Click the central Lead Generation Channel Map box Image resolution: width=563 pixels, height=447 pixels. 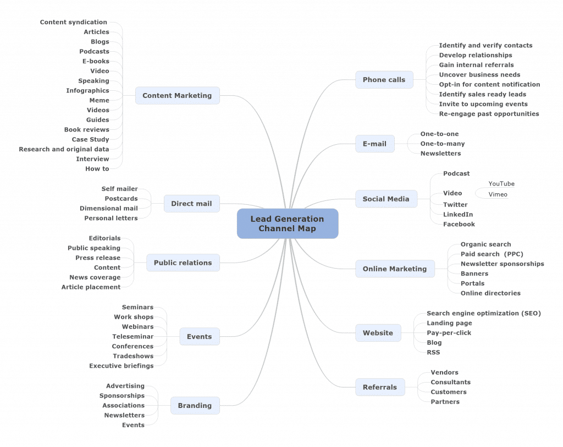point(287,223)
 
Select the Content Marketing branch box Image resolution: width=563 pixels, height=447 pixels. point(177,95)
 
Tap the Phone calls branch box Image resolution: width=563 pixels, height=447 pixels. point(384,80)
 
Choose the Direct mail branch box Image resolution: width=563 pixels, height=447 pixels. point(191,204)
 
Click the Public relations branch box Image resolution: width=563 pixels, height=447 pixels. point(183,263)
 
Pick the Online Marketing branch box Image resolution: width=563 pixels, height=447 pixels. point(394,269)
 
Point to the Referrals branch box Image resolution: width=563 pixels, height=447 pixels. point(379,387)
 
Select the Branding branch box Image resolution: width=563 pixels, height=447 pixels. point(195,406)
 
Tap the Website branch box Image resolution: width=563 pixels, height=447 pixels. point(378,332)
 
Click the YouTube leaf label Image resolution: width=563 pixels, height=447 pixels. point(501,183)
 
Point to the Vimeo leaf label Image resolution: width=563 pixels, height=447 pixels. point(498,194)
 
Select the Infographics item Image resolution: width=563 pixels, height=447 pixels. point(87,90)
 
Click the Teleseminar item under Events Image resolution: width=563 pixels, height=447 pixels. point(133,336)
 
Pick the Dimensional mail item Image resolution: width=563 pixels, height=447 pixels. point(108,208)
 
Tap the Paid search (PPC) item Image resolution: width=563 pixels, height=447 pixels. point(492,254)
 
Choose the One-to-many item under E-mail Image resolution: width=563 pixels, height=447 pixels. point(442,144)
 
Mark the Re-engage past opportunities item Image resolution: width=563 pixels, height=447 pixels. point(489,114)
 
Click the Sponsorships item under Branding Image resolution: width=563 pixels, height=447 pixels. point(122,396)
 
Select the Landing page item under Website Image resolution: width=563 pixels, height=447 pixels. point(449,323)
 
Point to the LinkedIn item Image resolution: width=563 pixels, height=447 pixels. point(458,214)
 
